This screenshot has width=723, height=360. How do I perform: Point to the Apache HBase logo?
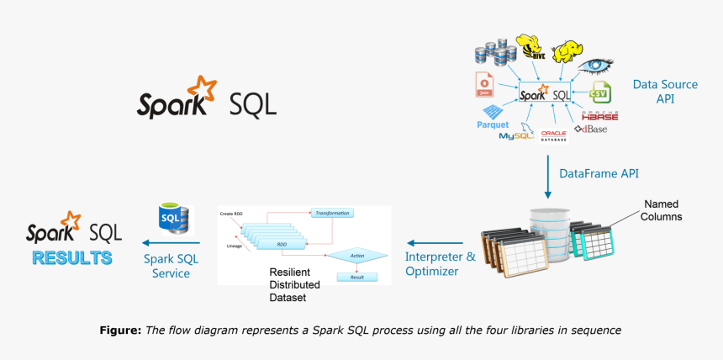click(x=600, y=115)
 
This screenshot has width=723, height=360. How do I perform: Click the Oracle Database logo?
click(x=553, y=135)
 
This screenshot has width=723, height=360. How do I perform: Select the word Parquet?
click(x=493, y=124)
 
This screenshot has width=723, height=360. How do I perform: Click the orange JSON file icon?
click(x=484, y=83)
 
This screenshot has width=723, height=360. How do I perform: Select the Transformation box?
click(x=331, y=214)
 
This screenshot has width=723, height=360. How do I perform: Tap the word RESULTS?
click(x=72, y=257)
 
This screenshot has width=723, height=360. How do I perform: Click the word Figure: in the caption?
click(x=120, y=331)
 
